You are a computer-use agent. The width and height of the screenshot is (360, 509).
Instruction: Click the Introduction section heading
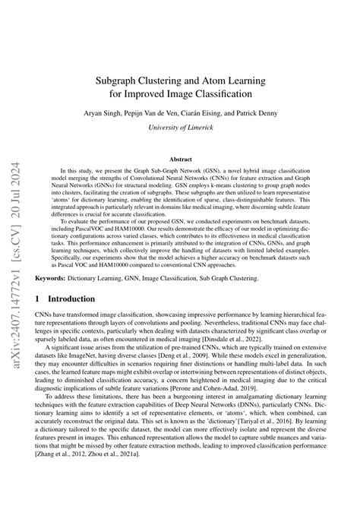(x=74, y=299)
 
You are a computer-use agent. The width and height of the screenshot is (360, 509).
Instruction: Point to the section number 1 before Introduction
(x=38, y=299)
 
